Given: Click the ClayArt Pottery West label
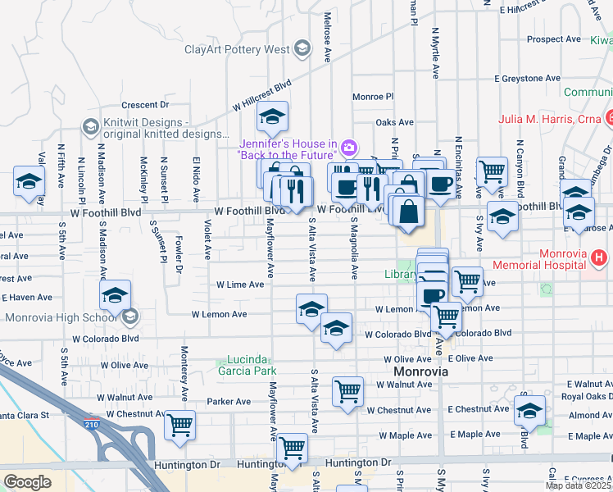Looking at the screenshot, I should pos(236,49).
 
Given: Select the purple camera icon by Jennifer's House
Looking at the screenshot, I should pos(349,148).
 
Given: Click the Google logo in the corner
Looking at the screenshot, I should pos(27,482).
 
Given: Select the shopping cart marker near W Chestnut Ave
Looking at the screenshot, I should pos(179,425).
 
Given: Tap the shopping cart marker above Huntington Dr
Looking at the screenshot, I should pos(292,448).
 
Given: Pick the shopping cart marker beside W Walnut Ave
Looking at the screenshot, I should pos(347,390).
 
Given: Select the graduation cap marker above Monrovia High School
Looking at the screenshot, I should pos(116,295).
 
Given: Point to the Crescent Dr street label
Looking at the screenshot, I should pos(144,105).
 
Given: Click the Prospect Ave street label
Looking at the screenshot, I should pos(554,39).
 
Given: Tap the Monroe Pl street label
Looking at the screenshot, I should pos(373,97).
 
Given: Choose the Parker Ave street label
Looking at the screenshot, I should pos(229,402).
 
